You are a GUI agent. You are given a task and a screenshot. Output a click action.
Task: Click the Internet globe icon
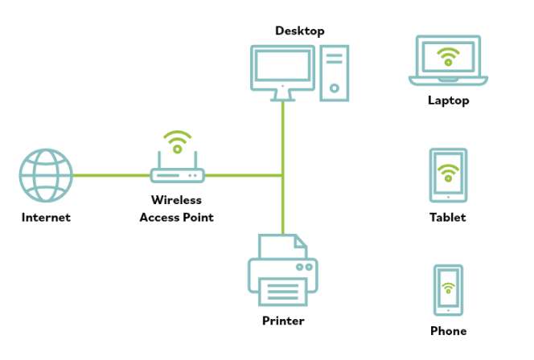[46, 174]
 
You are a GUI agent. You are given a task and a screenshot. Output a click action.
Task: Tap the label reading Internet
[46, 217]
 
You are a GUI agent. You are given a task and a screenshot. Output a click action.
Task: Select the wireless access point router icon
[177, 174]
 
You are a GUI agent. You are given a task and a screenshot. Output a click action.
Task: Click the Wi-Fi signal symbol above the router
[177, 143]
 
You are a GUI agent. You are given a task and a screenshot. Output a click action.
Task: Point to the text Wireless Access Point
[177, 208]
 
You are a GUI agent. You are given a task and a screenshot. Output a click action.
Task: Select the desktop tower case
[335, 72]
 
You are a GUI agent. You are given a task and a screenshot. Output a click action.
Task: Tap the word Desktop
[299, 31]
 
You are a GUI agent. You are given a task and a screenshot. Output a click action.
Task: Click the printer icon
[282, 274]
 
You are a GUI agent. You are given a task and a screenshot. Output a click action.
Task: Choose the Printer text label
[283, 321]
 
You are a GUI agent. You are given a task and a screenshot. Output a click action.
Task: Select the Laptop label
[448, 101]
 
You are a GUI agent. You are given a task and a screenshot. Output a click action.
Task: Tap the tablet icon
[448, 174]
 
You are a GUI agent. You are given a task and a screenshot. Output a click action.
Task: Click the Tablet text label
[448, 217]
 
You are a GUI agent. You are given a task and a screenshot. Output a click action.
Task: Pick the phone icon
[448, 289]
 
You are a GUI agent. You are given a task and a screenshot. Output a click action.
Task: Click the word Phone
[448, 331]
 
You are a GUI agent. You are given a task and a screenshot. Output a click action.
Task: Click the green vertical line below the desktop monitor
[282, 137]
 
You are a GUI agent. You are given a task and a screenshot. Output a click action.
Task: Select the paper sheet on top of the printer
[282, 245]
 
